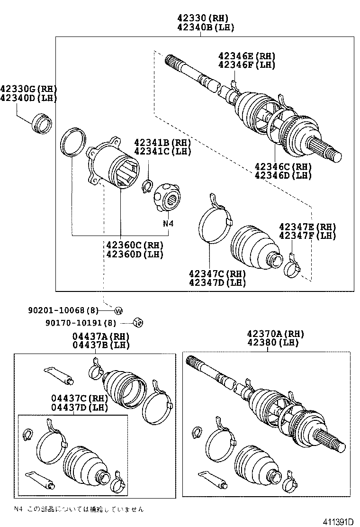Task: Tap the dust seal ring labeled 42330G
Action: point(42,123)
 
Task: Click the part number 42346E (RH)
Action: point(246,56)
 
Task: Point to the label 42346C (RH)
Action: point(283,166)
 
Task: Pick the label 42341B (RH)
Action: point(162,142)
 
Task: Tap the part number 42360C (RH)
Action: point(135,245)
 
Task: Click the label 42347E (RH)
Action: point(307,226)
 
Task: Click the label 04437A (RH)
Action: point(100,336)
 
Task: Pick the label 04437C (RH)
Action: point(79,398)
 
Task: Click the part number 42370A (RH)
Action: point(275,334)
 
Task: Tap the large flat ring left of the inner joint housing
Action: point(72,141)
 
